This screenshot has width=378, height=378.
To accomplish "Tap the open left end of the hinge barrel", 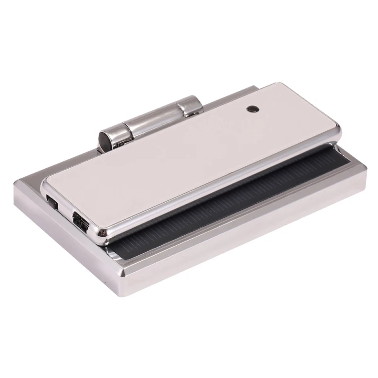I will tap(105, 139).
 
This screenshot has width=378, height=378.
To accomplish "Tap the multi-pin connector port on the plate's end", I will tap(80, 221).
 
